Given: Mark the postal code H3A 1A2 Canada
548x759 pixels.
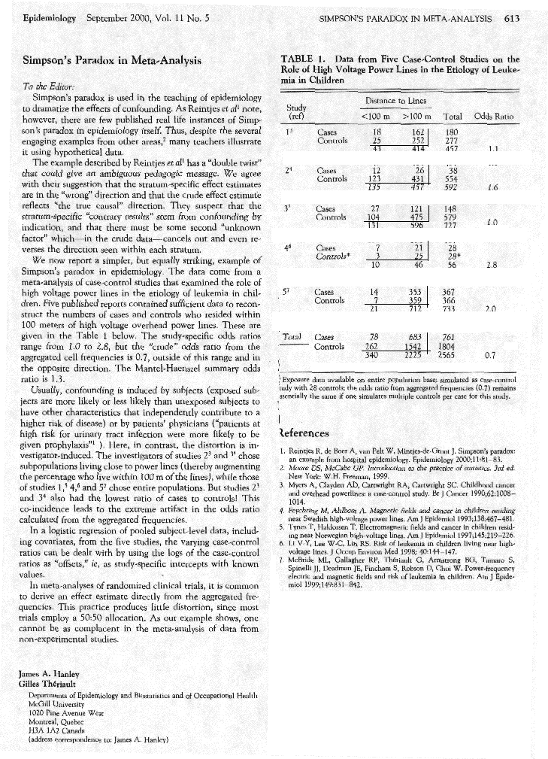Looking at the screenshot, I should [57, 726].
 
